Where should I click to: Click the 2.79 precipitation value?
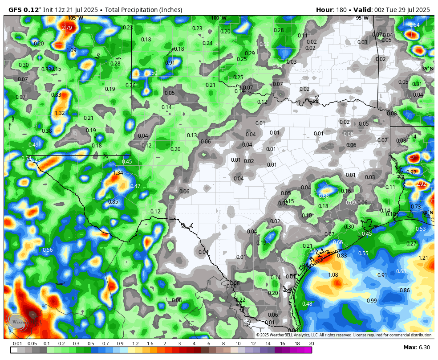(x=67, y=28)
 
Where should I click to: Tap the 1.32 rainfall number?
(x=60, y=113)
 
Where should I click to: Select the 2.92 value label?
(x=421, y=184)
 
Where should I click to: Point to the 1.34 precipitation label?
(x=118, y=173)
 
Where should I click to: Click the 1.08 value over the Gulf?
(x=333, y=275)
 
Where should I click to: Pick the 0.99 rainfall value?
(x=372, y=301)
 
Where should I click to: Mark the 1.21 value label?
(x=423, y=258)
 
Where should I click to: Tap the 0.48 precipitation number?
(x=307, y=304)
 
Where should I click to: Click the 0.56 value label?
(x=48, y=250)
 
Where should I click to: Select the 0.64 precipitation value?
(x=414, y=25)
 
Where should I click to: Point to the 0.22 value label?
(x=240, y=300)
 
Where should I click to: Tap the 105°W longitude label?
(x=76, y=18)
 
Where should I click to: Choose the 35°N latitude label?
(x=428, y=69)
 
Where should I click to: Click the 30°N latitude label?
(x=428, y=213)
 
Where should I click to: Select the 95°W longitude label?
(x=362, y=18)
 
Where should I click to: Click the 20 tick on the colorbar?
(x=311, y=344)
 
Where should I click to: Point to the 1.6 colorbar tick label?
(x=150, y=344)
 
